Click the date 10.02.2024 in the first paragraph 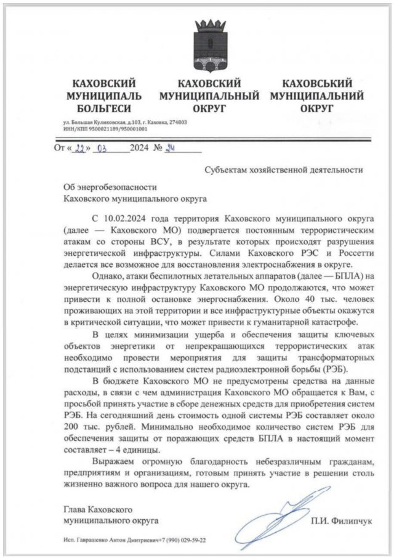point(131,219)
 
